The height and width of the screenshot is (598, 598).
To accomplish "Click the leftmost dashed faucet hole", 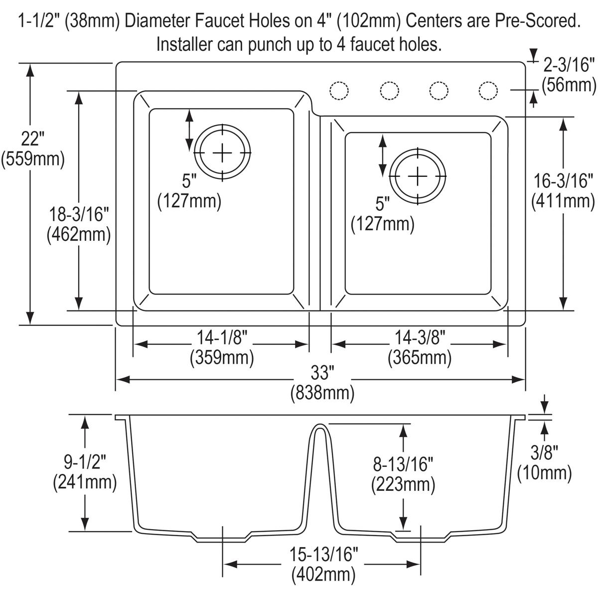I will pos(339,91).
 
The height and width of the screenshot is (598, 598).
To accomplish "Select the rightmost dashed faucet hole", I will pos(488,91).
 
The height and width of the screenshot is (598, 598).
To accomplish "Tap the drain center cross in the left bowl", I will pos(222,151).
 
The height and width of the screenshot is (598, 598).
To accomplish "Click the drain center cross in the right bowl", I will pos(418,176).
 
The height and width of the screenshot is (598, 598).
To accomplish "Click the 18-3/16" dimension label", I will pos(78,215).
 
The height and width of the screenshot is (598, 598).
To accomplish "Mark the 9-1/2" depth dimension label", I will pos(85,462).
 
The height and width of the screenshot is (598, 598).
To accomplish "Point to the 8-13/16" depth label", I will pos(403,464).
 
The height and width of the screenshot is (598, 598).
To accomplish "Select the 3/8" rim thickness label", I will pos(544,452).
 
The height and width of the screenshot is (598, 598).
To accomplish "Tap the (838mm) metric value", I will pos(322,393).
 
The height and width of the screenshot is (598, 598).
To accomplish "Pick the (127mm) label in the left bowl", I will pos(189,201).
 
